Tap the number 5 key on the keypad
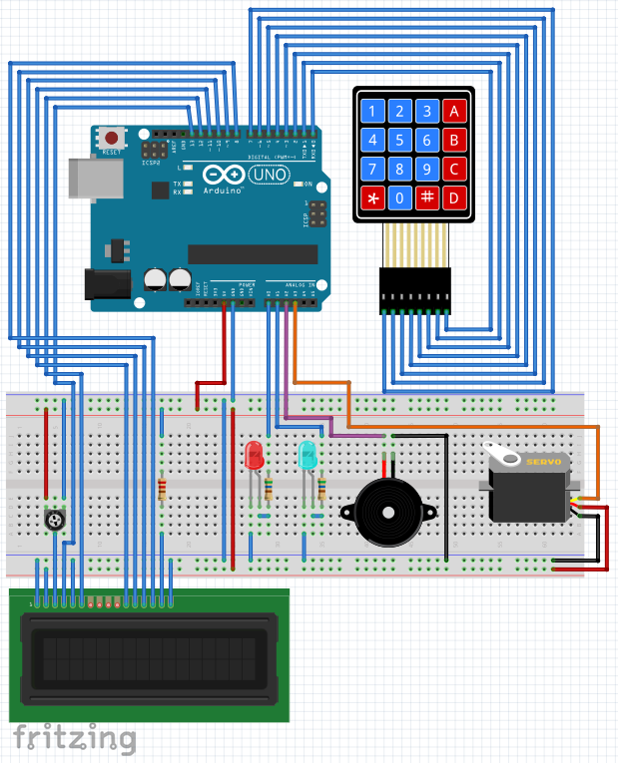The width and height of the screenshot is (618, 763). pos(399,140)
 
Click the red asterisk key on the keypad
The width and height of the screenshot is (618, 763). pos(372,197)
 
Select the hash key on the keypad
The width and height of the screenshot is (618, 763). pos(427,197)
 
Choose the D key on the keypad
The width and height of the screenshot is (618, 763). pos(454,197)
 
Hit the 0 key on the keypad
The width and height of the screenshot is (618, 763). pos(399,197)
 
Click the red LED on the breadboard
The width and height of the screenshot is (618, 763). pos(254,457)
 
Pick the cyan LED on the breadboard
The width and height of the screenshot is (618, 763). pos(309,457)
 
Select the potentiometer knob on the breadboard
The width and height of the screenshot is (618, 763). pos(55,520)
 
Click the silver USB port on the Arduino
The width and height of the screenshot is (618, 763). pos(93,180)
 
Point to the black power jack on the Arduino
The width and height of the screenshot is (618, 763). pos(109,285)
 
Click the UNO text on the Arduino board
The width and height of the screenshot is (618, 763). pos(268,177)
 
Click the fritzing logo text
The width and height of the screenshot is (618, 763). pos(74,738)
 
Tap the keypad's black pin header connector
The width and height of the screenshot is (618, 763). pos(413,289)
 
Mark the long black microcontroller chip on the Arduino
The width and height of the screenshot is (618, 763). pos(252,255)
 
